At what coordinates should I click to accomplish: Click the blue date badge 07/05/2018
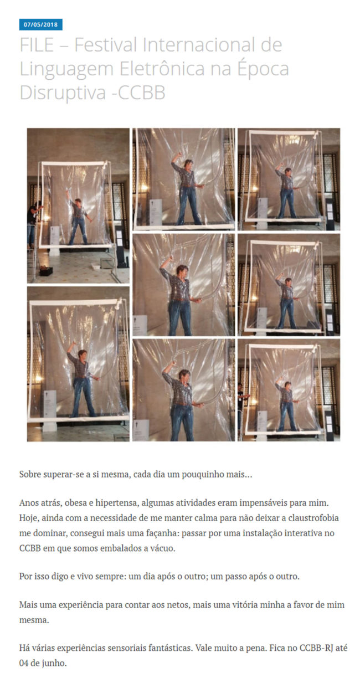click(x=41, y=24)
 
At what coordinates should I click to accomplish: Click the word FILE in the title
click(x=37, y=45)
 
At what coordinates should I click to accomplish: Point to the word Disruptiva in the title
click(x=63, y=93)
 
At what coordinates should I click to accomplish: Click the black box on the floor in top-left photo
click(x=46, y=271)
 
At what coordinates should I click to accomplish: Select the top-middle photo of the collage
click(x=184, y=179)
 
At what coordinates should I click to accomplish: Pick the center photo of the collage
click(x=184, y=285)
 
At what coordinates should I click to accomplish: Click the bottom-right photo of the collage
click(x=289, y=391)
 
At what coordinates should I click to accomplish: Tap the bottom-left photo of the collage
click(x=78, y=364)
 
